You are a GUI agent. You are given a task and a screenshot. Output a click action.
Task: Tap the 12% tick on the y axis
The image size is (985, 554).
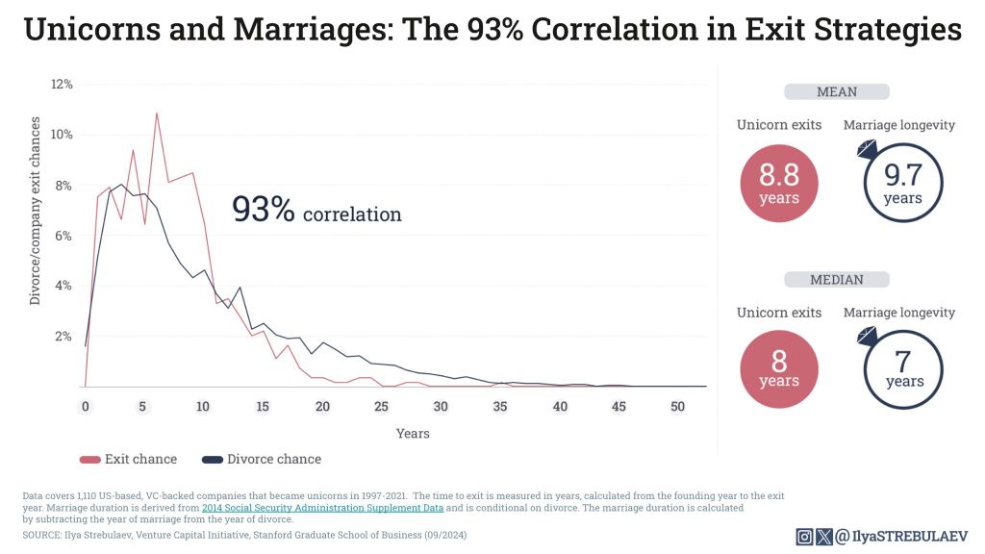(x=62, y=85)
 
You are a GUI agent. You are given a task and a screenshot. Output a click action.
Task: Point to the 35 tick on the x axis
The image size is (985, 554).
(x=499, y=407)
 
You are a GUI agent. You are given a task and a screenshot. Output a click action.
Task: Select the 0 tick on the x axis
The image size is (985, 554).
(x=85, y=407)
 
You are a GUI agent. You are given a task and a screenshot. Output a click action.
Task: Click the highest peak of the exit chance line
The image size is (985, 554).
(x=156, y=113)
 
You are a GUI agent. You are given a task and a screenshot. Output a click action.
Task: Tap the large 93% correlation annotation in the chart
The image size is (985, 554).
(x=316, y=211)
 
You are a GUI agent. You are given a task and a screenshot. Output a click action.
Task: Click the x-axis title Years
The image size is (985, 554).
(x=413, y=434)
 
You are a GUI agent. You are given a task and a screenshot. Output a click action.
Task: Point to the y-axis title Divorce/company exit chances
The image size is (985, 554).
(x=36, y=211)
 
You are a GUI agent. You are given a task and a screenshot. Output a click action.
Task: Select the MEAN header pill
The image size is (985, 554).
(x=836, y=92)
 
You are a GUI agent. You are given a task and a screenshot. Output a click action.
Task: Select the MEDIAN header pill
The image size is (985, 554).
(x=836, y=280)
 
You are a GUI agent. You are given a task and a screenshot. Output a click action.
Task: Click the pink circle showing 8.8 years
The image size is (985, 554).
(x=778, y=183)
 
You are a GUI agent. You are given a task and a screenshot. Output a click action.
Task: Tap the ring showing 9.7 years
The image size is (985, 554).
(x=902, y=183)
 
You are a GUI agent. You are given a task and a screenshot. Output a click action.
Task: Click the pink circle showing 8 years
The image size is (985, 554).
(x=778, y=370)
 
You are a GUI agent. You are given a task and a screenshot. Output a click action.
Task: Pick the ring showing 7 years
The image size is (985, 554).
(x=902, y=370)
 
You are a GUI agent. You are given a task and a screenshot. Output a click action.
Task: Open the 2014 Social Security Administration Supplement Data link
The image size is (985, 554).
(x=322, y=507)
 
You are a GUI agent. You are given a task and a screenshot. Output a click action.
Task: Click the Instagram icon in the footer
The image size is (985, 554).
(x=804, y=537)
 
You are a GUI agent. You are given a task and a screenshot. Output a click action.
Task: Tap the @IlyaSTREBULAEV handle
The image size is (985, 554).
(x=901, y=537)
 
